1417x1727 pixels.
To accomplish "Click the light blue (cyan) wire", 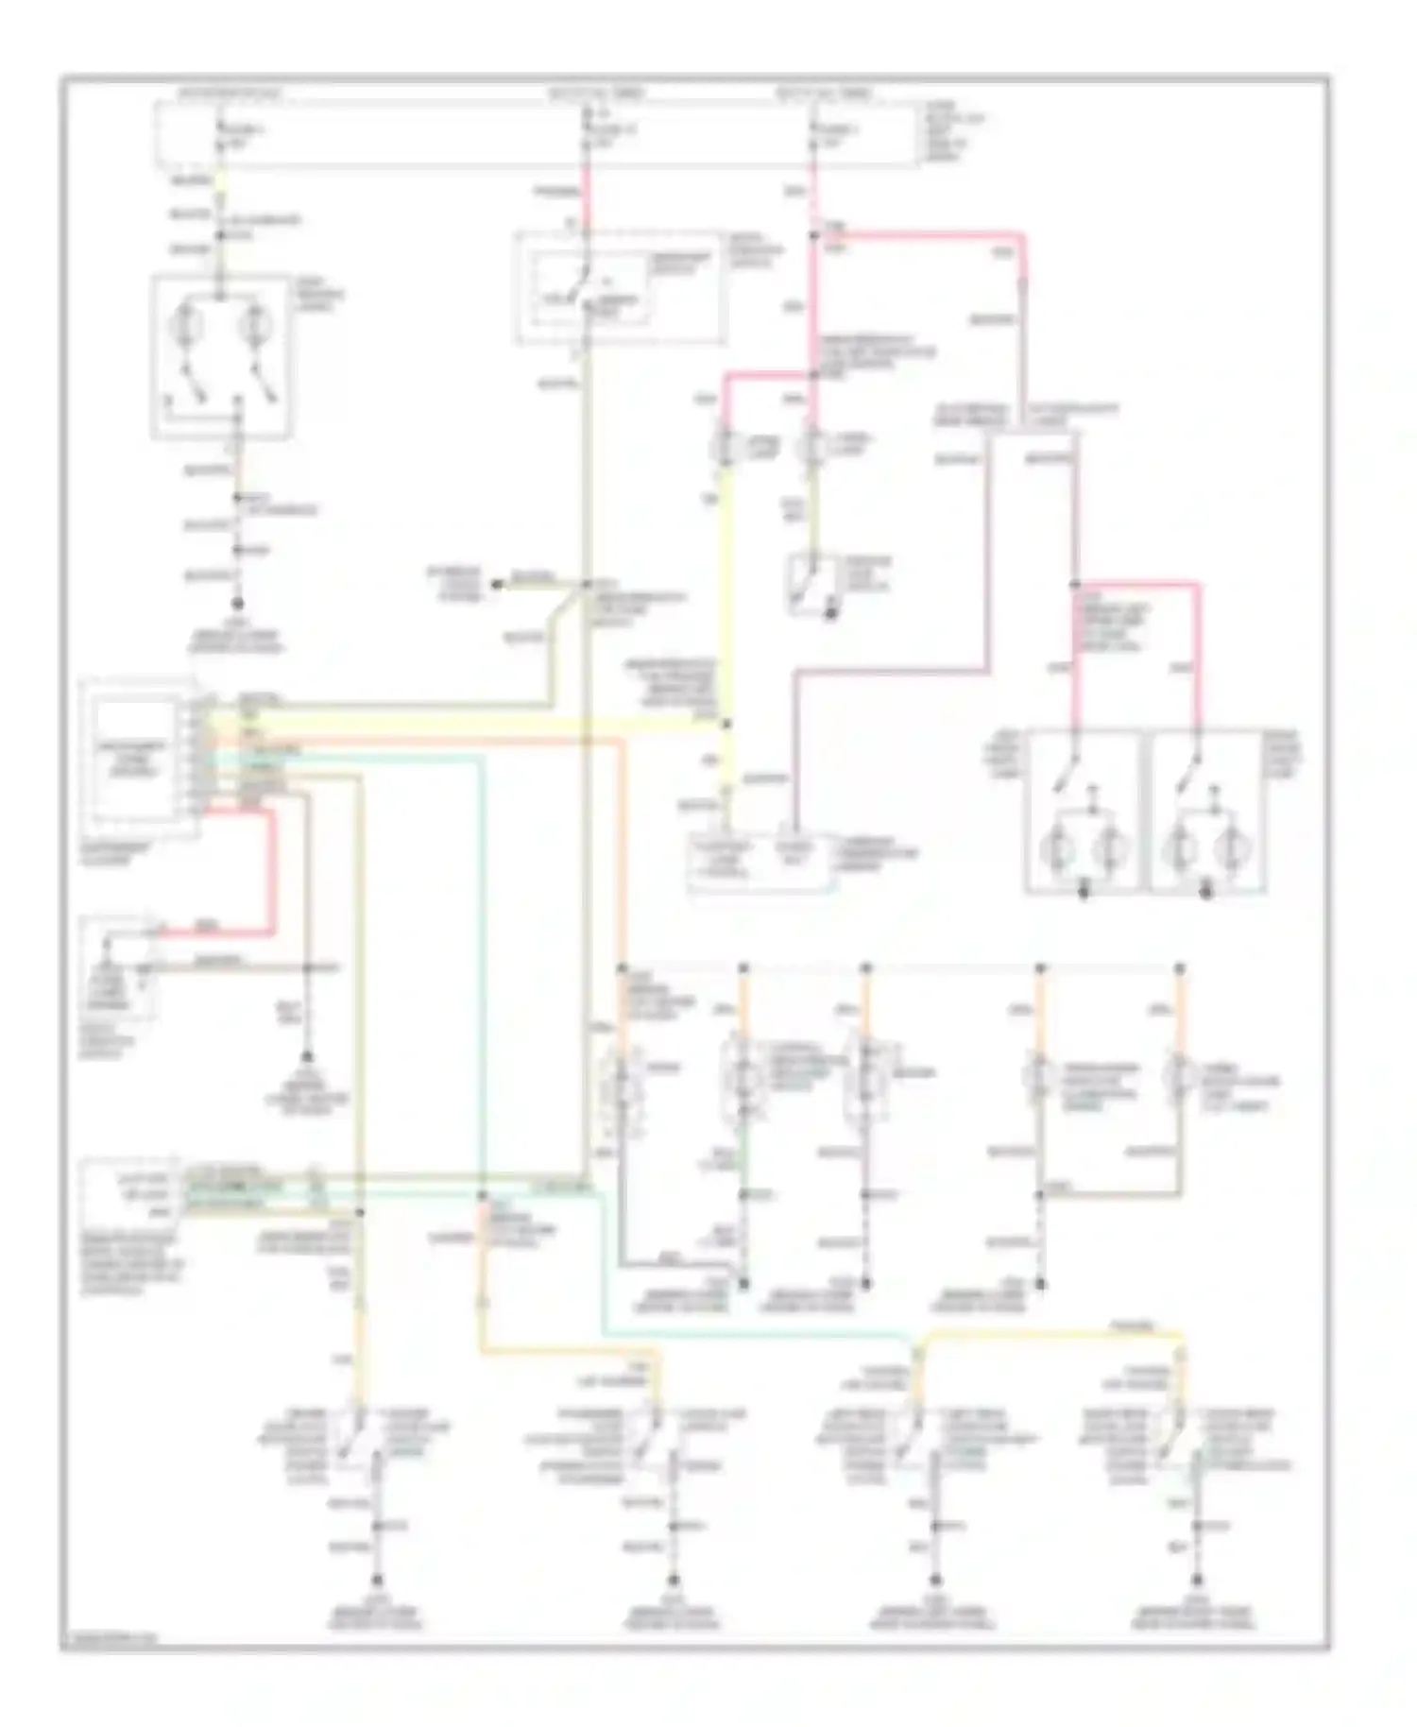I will tap(482, 945).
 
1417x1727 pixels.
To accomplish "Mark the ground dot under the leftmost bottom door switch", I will tap(377, 1581).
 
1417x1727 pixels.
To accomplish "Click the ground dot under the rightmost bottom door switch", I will tap(1198, 1581).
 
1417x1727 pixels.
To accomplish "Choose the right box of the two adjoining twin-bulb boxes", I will tap(1207, 810).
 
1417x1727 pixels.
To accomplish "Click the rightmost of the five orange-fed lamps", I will tap(1179, 1077).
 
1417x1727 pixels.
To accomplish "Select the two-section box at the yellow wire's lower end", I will tap(760, 860).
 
